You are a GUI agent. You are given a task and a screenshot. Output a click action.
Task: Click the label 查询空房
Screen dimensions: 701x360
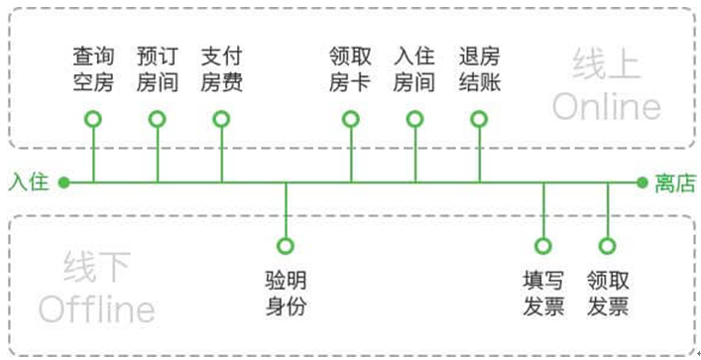93,69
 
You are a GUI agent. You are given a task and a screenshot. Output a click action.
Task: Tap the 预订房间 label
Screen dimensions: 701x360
158,69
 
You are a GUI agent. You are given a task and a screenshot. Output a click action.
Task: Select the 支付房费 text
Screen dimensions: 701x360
222,69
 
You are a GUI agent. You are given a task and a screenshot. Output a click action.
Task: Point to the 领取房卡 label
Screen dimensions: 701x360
351,69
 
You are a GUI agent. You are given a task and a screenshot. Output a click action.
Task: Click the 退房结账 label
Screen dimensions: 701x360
480,69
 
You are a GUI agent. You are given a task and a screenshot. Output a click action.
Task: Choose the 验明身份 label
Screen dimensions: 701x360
287,294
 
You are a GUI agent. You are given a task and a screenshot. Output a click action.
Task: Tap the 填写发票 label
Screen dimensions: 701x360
543,294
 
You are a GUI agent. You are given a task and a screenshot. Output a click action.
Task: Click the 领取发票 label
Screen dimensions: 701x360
608,294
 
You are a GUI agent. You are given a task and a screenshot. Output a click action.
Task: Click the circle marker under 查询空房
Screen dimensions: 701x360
93,111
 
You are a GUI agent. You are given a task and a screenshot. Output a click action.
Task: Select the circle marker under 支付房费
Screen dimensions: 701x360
222,111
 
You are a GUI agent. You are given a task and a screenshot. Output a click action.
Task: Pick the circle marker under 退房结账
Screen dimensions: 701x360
479,111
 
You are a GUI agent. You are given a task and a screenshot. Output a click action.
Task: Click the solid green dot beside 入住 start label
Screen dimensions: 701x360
63,182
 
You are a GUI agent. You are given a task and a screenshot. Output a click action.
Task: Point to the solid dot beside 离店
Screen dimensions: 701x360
643,182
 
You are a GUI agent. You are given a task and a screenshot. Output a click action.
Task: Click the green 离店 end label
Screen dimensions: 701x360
675,182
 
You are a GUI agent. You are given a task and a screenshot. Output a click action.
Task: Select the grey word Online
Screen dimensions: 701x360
607,107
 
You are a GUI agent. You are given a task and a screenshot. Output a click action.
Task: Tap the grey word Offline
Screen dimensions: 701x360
97,309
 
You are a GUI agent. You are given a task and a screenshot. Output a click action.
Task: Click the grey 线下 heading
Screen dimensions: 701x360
97,267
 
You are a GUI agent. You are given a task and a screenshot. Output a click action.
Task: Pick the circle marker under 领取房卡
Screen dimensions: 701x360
351,111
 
